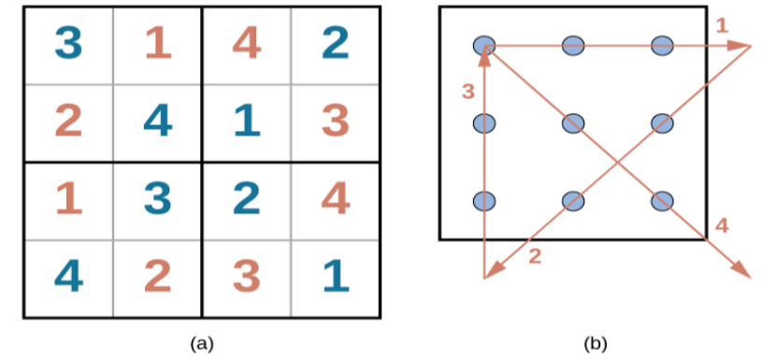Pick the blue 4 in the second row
(x=157, y=122)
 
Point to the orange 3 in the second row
(x=335, y=122)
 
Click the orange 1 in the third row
(x=67, y=199)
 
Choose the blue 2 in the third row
(x=246, y=199)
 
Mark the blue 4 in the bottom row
(x=67, y=277)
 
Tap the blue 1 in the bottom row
(x=335, y=277)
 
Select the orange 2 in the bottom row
(x=157, y=277)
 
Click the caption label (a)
(x=200, y=344)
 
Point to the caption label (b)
(x=595, y=344)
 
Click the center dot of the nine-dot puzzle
(x=573, y=122)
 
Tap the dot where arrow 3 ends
(x=484, y=45)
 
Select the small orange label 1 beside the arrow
(x=722, y=26)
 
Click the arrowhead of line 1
(x=744, y=45)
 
